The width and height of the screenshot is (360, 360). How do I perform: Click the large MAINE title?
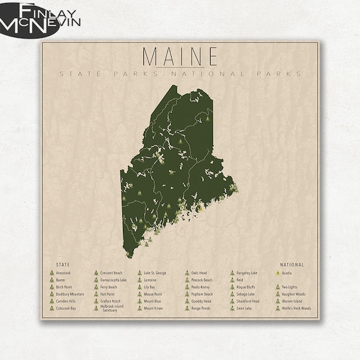point(180,56)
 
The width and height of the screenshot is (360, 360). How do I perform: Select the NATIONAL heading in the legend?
point(292,265)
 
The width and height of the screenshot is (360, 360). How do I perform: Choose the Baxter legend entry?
point(61,280)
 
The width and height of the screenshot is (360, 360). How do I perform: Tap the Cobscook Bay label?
point(66,308)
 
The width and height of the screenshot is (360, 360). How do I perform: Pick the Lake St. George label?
point(155,273)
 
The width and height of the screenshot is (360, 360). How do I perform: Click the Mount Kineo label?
point(154,308)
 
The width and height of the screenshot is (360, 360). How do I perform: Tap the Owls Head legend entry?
point(199,273)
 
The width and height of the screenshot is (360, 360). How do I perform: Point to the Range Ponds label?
point(201,308)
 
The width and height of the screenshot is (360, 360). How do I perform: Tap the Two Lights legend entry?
point(290,287)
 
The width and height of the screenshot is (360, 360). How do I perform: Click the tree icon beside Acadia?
point(277,273)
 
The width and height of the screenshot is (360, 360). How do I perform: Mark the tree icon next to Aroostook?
point(51,273)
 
